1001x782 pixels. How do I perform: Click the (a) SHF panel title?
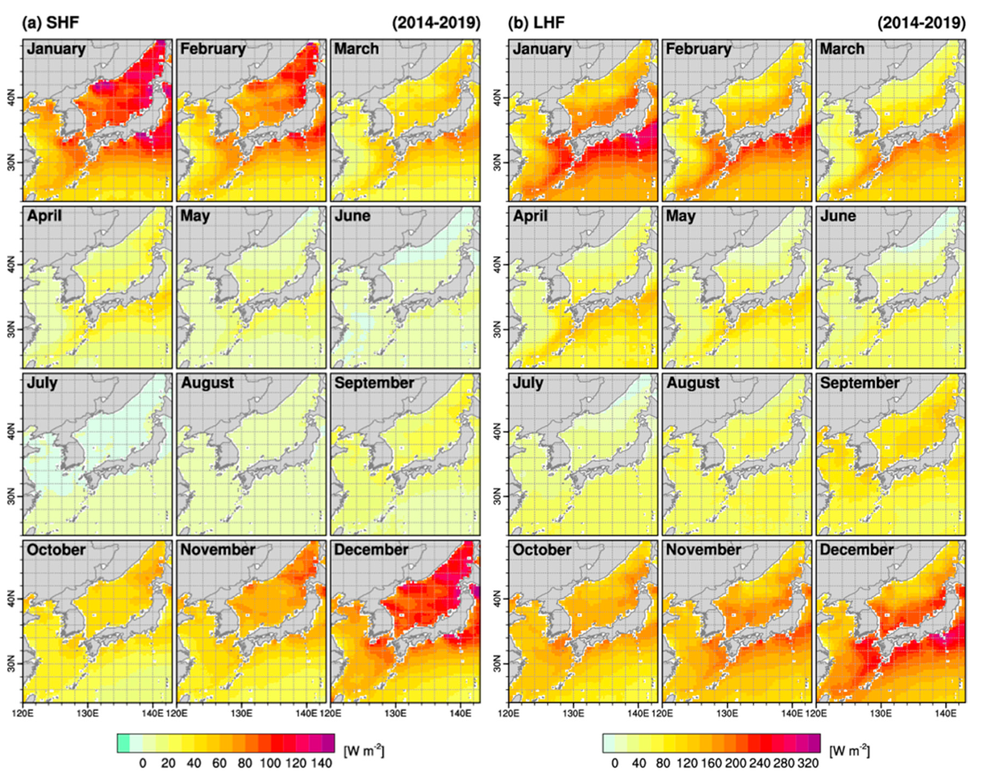coord(51,23)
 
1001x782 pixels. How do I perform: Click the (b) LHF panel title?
coord(537,23)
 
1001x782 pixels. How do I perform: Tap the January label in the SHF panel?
coord(56,49)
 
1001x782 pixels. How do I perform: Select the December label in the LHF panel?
coord(857,550)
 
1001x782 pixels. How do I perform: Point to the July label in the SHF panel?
coord(42,383)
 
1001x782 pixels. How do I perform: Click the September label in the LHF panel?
coord(860,383)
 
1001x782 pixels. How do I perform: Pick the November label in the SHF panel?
coord(218,550)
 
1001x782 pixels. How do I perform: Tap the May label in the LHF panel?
coord(680,216)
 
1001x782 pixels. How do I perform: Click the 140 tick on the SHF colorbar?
coord(322,763)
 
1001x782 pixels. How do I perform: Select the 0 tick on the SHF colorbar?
coord(143,763)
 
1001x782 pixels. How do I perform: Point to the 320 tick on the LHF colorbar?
coord(807,763)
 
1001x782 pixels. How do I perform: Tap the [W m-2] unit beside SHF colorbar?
coord(364,750)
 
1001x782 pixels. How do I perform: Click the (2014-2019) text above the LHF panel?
coord(921,23)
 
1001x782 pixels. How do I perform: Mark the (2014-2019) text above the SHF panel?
coord(436,23)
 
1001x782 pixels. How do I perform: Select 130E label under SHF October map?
coord(87,714)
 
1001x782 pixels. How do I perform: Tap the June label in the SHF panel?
coord(352,216)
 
